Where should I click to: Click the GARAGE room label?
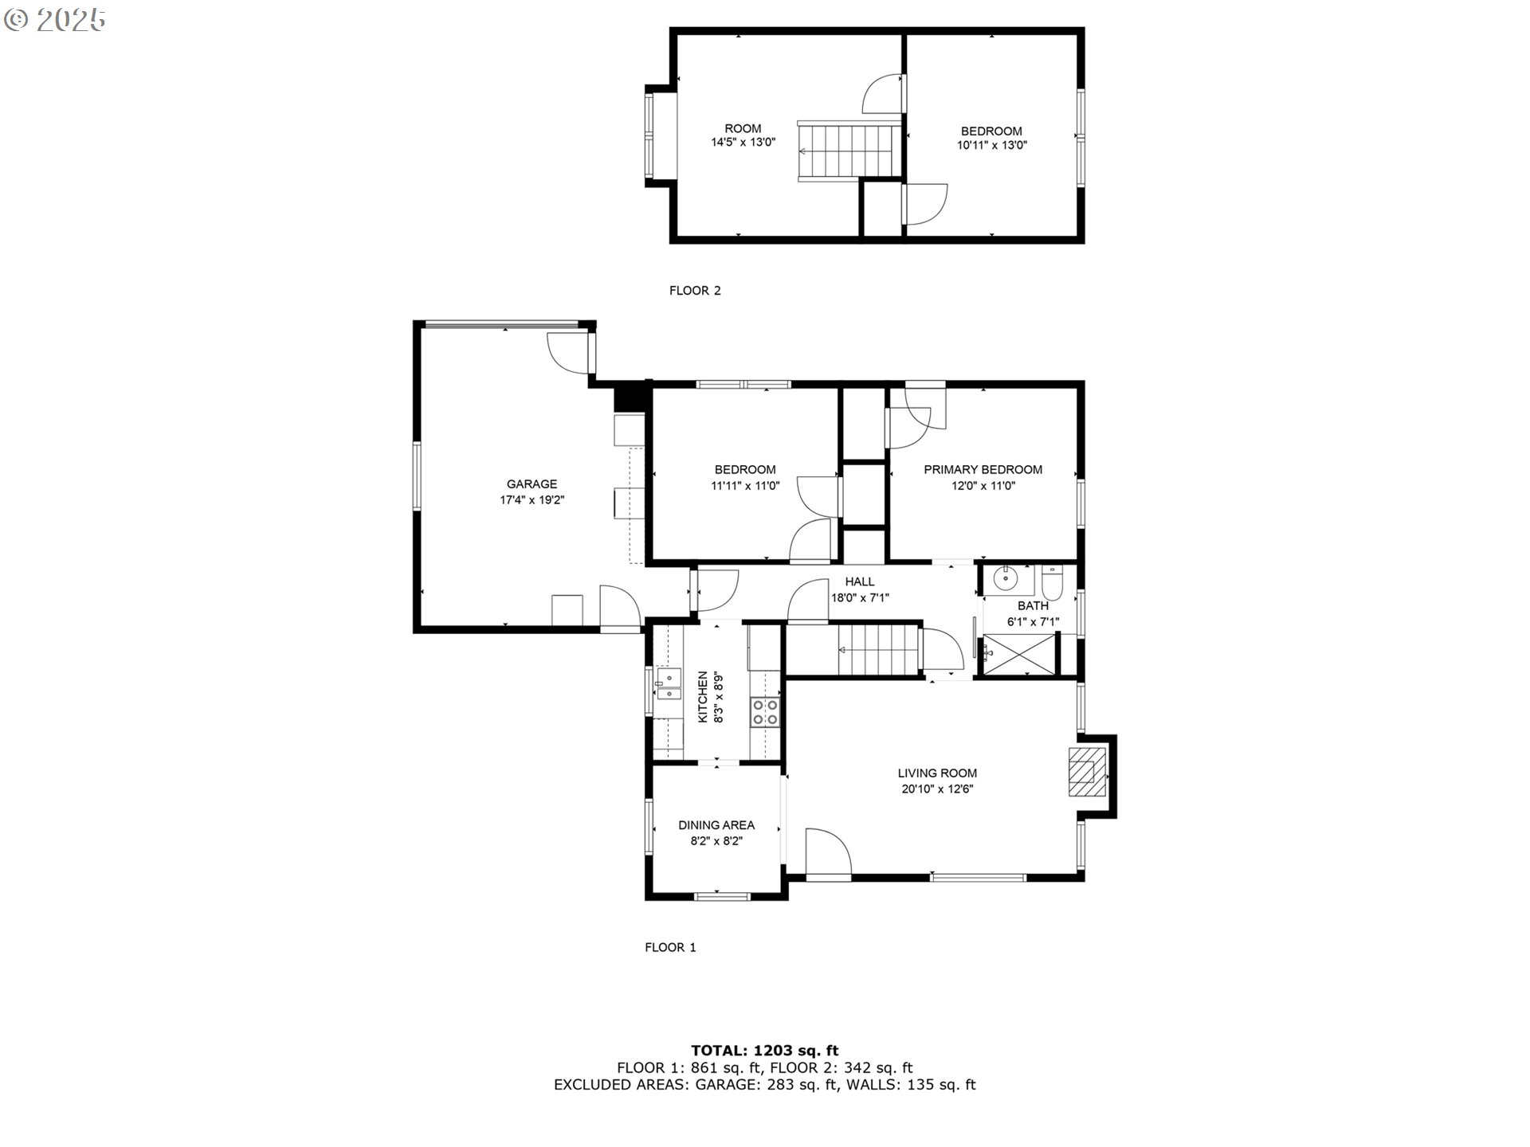532,483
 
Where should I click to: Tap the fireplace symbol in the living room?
1086,771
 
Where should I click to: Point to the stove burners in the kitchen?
765,711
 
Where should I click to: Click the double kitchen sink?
669,683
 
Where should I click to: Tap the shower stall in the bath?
1019,655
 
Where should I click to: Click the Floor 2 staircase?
849,151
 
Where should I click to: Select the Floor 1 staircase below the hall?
876,650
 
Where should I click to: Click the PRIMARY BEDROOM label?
983,469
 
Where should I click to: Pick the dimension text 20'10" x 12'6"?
936,789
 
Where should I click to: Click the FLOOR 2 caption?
694,291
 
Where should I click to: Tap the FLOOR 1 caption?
670,947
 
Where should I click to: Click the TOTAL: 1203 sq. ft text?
764,1050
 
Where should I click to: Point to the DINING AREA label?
716,825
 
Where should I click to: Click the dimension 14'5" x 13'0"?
743,143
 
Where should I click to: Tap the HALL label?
859,581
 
